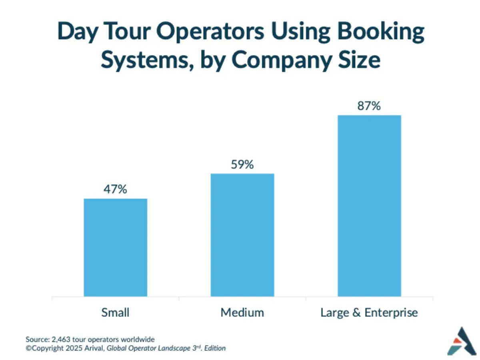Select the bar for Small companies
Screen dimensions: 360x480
pyautogui.click(x=115, y=248)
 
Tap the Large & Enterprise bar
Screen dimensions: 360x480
pyautogui.click(x=369, y=206)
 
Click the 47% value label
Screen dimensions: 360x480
pyautogui.click(x=115, y=189)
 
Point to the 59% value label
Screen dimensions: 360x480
pyautogui.click(x=242, y=164)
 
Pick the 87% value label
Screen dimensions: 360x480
pyautogui.click(x=369, y=106)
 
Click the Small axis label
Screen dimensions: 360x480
pyautogui.click(x=115, y=312)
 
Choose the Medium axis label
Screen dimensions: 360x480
pyautogui.click(x=242, y=312)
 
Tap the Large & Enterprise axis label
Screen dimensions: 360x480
pyautogui.click(x=369, y=312)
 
